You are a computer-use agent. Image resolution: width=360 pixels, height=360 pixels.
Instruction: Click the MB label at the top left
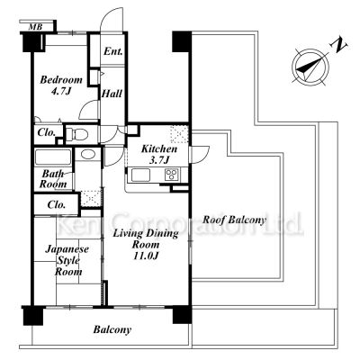35,27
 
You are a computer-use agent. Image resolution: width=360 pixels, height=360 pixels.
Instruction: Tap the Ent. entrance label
113,51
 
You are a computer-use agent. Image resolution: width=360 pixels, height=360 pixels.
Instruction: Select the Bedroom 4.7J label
61,85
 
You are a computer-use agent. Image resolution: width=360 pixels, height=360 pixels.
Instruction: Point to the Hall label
112,94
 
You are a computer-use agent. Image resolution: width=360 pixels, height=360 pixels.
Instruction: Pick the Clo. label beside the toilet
47,132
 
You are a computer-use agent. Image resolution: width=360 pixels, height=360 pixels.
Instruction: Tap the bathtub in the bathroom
53,157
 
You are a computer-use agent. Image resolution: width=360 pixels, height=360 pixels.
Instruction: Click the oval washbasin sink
88,155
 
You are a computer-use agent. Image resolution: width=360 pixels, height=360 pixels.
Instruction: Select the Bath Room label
53,179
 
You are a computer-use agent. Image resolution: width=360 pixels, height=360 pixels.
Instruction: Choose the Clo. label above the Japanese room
57,205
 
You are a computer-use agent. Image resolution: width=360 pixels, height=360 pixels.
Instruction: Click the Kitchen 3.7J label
159,155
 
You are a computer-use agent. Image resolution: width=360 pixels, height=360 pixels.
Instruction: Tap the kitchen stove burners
172,175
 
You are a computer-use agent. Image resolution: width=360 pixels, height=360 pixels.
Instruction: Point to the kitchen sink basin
140,175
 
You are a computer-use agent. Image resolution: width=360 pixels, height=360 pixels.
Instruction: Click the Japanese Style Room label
67,260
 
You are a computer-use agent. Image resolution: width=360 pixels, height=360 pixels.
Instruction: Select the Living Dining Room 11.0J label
146,244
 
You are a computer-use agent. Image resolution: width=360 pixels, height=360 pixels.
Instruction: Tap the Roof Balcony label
234,220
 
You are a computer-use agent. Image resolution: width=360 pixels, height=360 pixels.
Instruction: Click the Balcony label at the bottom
112,329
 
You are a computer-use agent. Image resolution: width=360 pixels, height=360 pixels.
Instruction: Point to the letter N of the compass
339,44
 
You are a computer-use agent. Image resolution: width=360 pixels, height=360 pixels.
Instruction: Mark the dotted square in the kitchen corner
179,135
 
